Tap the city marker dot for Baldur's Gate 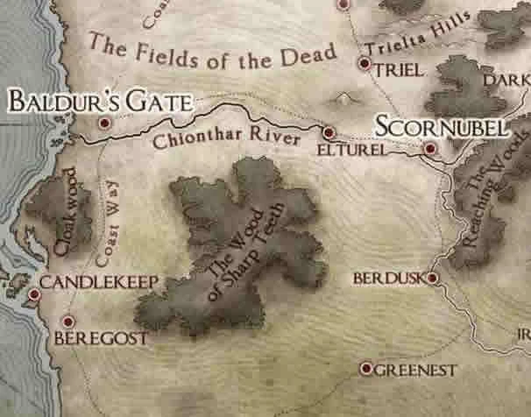click(x=105, y=124)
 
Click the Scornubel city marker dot click(x=429, y=149)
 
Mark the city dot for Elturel click(x=329, y=133)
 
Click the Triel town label click(x=399, y=70)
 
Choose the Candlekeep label click(x=98, y=282)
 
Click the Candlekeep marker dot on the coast click(x=34, y=294)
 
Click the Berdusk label click(x=387, y=278)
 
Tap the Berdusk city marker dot click(x=431, y=278)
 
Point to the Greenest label click(x=415, y=370)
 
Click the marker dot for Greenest click(x=365, y=369)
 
